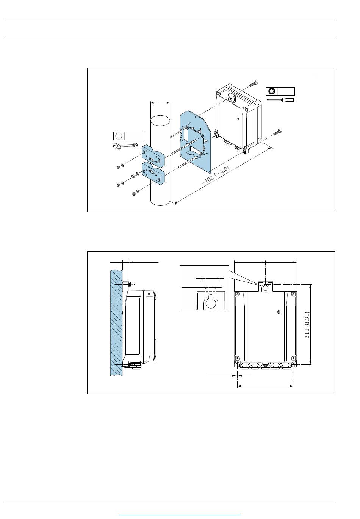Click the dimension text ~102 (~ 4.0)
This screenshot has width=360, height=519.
[x=216, y=175]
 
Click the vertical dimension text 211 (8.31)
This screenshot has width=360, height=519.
[x=307, y=325]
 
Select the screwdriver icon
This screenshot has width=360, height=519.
[x=280, y=100]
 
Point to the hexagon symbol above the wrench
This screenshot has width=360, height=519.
[x=118, y=136]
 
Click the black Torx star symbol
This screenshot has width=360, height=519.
[x=271, y=91]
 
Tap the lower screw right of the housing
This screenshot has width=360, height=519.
[x=277, y=132]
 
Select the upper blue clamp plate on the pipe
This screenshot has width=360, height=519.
[x=153, y=156]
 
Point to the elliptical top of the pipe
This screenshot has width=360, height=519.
[x=160, y=121]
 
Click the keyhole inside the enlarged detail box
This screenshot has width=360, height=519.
[x=211, y=301]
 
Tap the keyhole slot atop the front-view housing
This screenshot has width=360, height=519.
[x=265, y=287]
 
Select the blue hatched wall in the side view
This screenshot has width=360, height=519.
[x=116, y=322]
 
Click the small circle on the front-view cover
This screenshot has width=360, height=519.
[x=279, y=312]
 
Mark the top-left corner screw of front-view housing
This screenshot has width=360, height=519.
[x=237, y=295]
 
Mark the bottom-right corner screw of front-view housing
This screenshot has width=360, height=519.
[x=293, y=358]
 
